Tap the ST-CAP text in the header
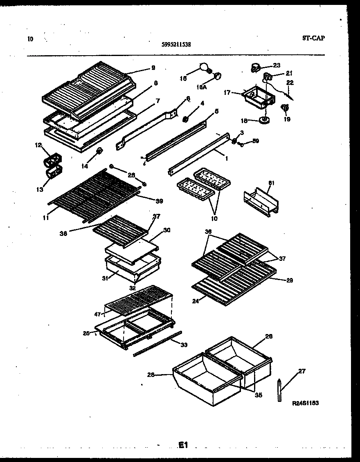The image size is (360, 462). pos(314,38)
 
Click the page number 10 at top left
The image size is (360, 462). pos(30,39)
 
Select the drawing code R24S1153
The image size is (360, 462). pos(305,403)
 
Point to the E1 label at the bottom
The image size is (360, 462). pos(182,445)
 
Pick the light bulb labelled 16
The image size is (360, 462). pos(204,66)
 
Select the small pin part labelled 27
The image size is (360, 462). pos(280,391)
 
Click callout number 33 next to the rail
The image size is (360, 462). pos(184,345)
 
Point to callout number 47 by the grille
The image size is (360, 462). pos(98,314)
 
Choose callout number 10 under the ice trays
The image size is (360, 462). pos(214,218)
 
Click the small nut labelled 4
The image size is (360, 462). pos(184,119)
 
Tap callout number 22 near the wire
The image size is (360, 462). pos(290,82)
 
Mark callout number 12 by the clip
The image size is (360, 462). pos(38,145)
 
